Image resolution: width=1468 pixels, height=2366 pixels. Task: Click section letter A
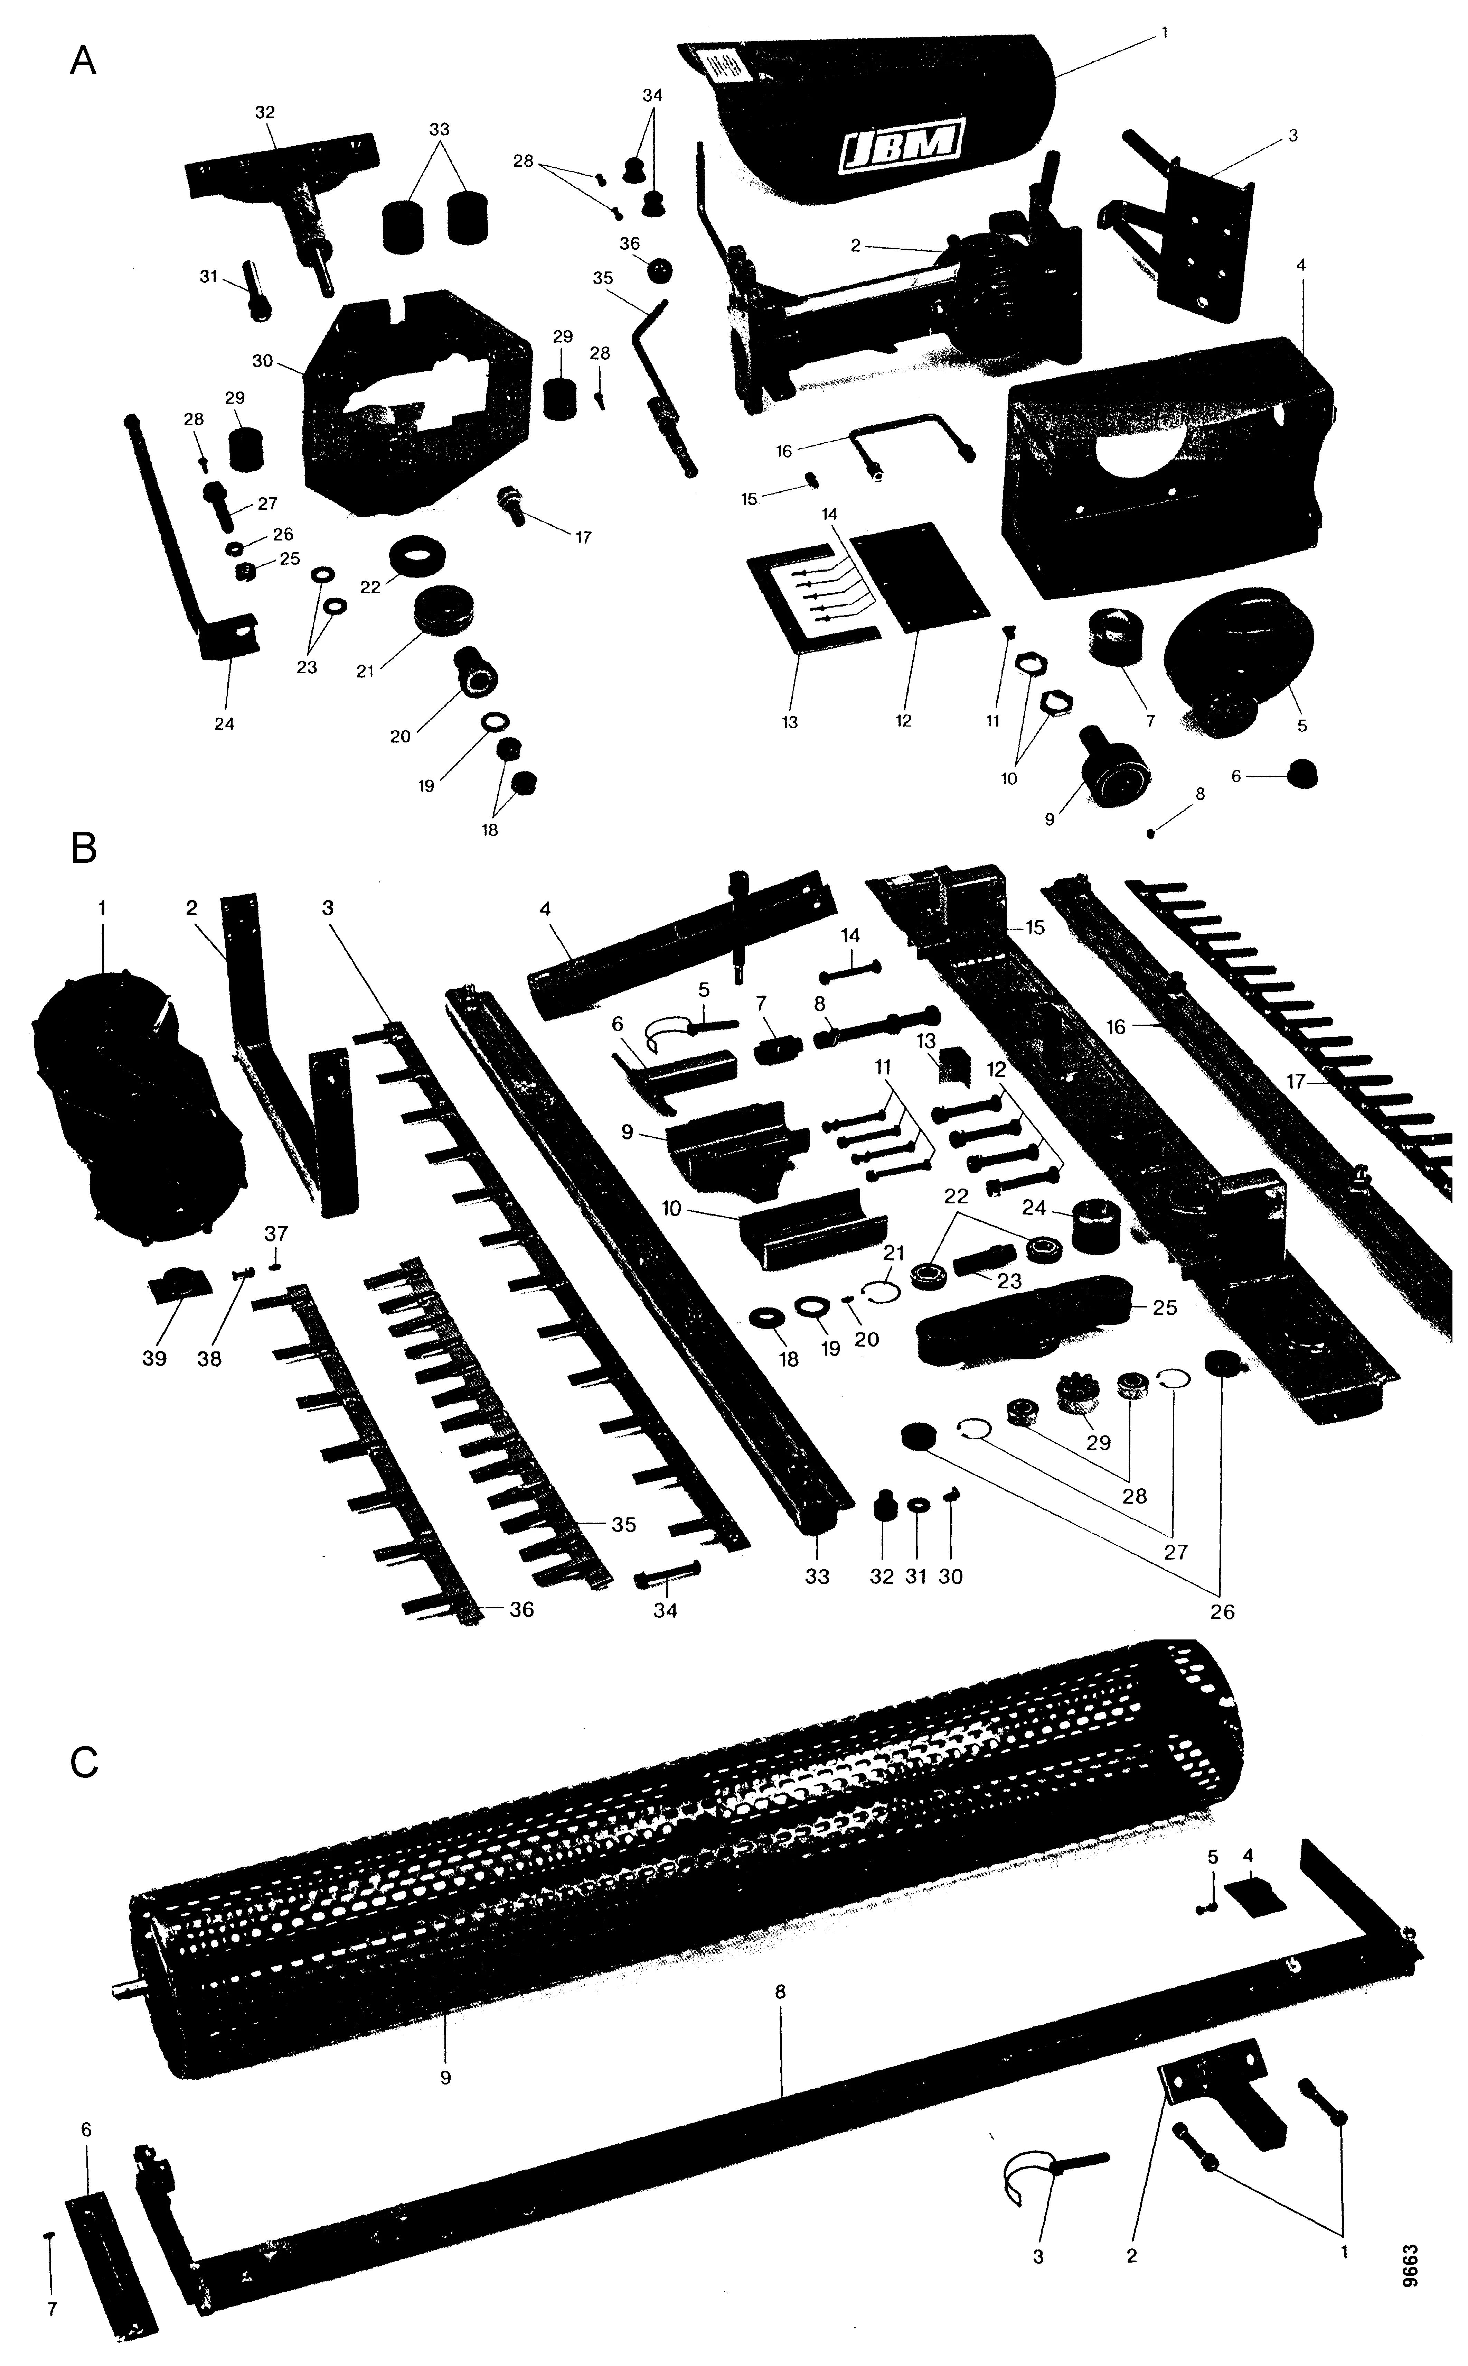(x=84, y=62)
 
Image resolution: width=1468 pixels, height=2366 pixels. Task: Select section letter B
(x=84, y=848)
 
